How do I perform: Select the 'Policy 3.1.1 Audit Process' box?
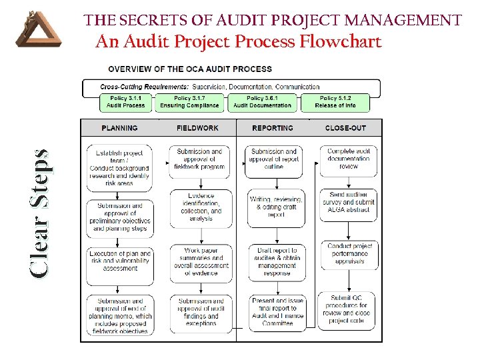coord(125,101)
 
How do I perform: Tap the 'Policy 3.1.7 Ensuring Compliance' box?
coord(189,101)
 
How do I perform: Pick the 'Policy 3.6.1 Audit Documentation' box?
coord(262,101)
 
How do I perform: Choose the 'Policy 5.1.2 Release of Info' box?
coord(335,101)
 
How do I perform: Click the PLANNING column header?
coord(120,128)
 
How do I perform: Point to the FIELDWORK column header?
coord(197,128)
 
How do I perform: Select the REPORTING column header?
coord(273,128)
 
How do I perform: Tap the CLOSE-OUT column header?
coord(345,128)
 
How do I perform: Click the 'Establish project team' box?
coord(120,167)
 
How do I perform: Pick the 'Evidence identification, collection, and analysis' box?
coord(200,207)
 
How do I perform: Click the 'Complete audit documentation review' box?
coord(349,159)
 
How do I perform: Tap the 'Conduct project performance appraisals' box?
coord(349,254)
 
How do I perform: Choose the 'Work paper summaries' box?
coord(200,261)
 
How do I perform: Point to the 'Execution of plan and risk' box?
coord(120,261)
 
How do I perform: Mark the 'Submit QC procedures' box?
coord(349,309)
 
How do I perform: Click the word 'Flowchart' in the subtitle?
coord(340,42)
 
